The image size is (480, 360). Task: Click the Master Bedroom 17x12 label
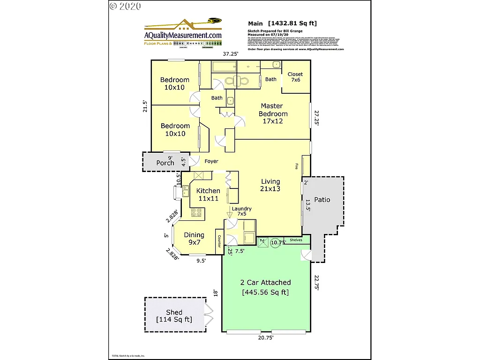(x=274, y=113)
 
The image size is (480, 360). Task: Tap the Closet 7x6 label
(x=295, y=77)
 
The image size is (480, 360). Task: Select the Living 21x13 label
(x=270, y=185)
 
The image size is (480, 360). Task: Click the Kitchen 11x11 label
(x=208, y=195)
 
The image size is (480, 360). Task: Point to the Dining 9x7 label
(x=194, y=239)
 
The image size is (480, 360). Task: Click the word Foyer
(x=211, y=161)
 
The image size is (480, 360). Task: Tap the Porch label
(x=165, y=163)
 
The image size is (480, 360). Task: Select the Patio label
(x=322, y=200)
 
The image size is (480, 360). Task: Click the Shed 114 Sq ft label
(x=174, y=316)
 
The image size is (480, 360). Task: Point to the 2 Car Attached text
(x=265, y=283)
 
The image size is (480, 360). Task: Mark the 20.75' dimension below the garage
(x=265, y=337)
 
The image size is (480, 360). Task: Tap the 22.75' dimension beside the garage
(x=317, y=283)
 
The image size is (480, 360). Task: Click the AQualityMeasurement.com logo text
(x=183, y=35)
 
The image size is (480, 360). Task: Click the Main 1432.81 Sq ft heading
(x=282, y=23)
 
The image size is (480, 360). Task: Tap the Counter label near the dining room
(x=219, y=241)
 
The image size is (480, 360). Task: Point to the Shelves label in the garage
(x=296, y=240)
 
